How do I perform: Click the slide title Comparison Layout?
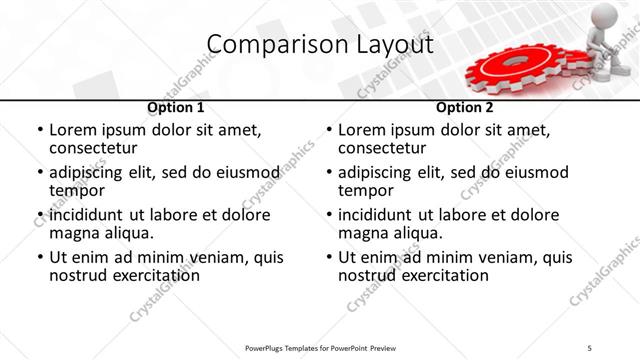pos(319,45)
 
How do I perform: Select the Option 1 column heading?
pos(176,107)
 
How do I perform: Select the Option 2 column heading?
pos(465,107)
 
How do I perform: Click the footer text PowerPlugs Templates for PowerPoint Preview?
pos(319,348)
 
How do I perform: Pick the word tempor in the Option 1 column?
pos(75,191)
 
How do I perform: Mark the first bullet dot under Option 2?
pos(328,131)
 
